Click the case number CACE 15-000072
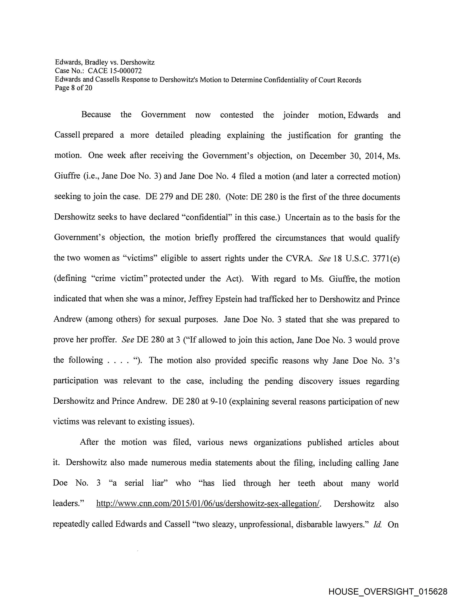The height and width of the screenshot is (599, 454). pos(114,71)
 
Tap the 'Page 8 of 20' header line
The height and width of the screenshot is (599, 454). pos(74,88)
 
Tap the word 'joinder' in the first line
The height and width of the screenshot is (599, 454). pos(296,115)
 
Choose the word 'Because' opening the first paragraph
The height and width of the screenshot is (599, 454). pos(96,115)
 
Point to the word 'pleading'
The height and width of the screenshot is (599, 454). pos(205,135)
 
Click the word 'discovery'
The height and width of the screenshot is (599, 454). pos(316,381)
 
